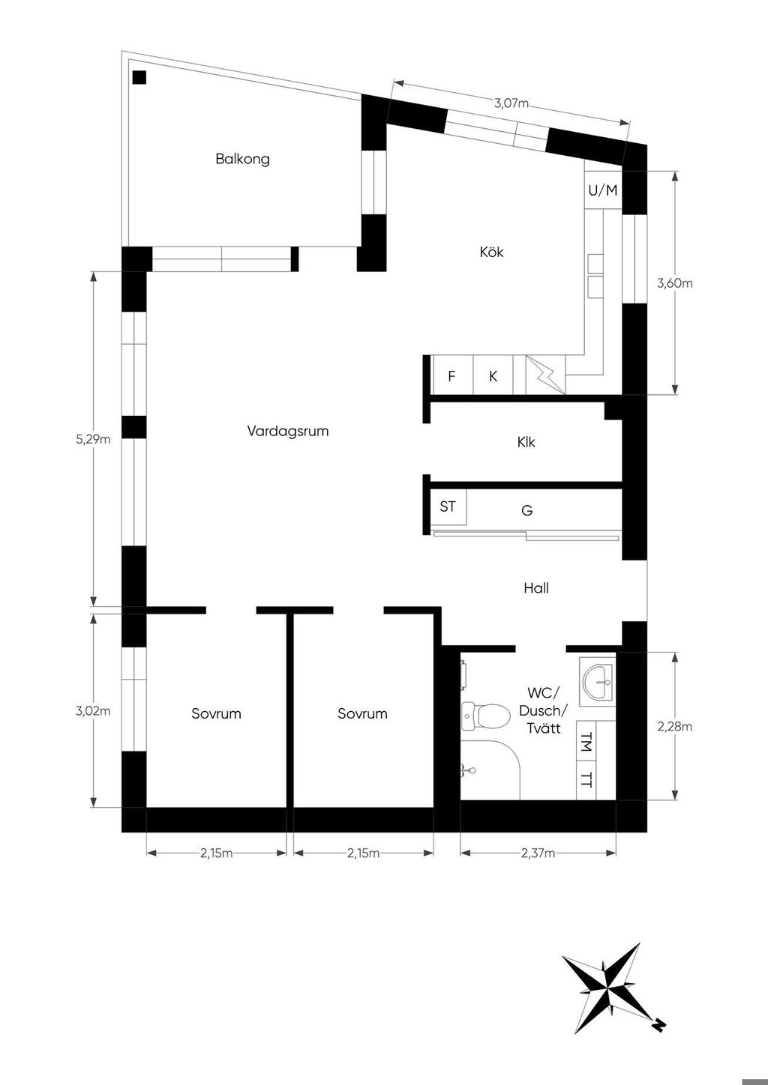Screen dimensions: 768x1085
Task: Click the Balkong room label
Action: [x=242, y=159]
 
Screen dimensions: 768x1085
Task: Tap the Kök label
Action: [x=492, y=252]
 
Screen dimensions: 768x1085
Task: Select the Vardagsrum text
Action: [x=288, y=431]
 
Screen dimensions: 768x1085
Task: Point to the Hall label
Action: [x=536, y=588]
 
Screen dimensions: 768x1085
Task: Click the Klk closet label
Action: [x=526, y=442]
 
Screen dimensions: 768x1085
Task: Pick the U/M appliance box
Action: [x=603, y=190]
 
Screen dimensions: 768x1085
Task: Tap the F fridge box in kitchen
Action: [x=453, y=375]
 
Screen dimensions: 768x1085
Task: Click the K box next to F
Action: [x=493, y=375]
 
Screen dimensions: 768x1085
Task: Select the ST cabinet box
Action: [x=448, y=507]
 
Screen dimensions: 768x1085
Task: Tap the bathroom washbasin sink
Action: [x=597, y=682]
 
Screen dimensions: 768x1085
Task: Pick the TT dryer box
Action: [x=586, y=780]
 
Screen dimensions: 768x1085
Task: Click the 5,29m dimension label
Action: [x=93, y=439]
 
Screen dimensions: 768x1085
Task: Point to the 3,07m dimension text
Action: [x=511, y=103]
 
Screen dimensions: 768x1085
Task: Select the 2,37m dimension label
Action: [x=538, y=853]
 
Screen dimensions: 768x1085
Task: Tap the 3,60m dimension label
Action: [x=675, y=283]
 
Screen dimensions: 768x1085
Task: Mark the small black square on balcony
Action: [x=139, y=77]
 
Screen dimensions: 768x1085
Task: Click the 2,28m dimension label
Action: [x=675, y=727]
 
